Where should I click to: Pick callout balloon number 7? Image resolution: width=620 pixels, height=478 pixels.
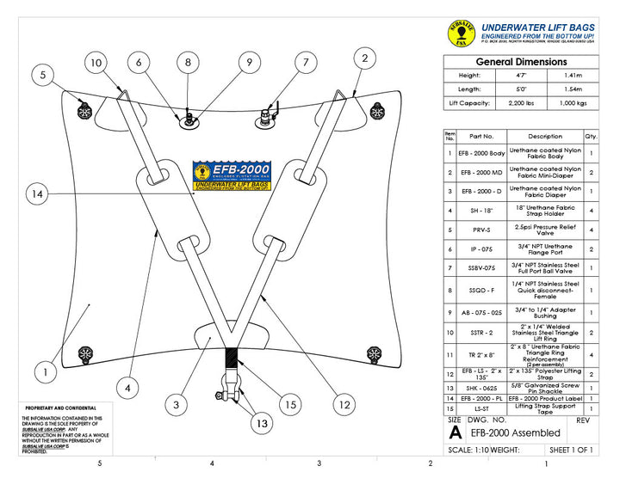point(305,63)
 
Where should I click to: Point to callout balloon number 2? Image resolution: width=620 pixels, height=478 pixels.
point(365,58)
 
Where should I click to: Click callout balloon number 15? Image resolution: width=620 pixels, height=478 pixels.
point(290,405)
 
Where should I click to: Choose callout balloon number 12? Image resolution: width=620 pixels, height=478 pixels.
point(344,404)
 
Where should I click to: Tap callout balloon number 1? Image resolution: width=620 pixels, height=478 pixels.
point(45,373)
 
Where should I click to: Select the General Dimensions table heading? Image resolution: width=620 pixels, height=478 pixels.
point(522,62)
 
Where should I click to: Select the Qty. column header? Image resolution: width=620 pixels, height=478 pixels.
point(592,136)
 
